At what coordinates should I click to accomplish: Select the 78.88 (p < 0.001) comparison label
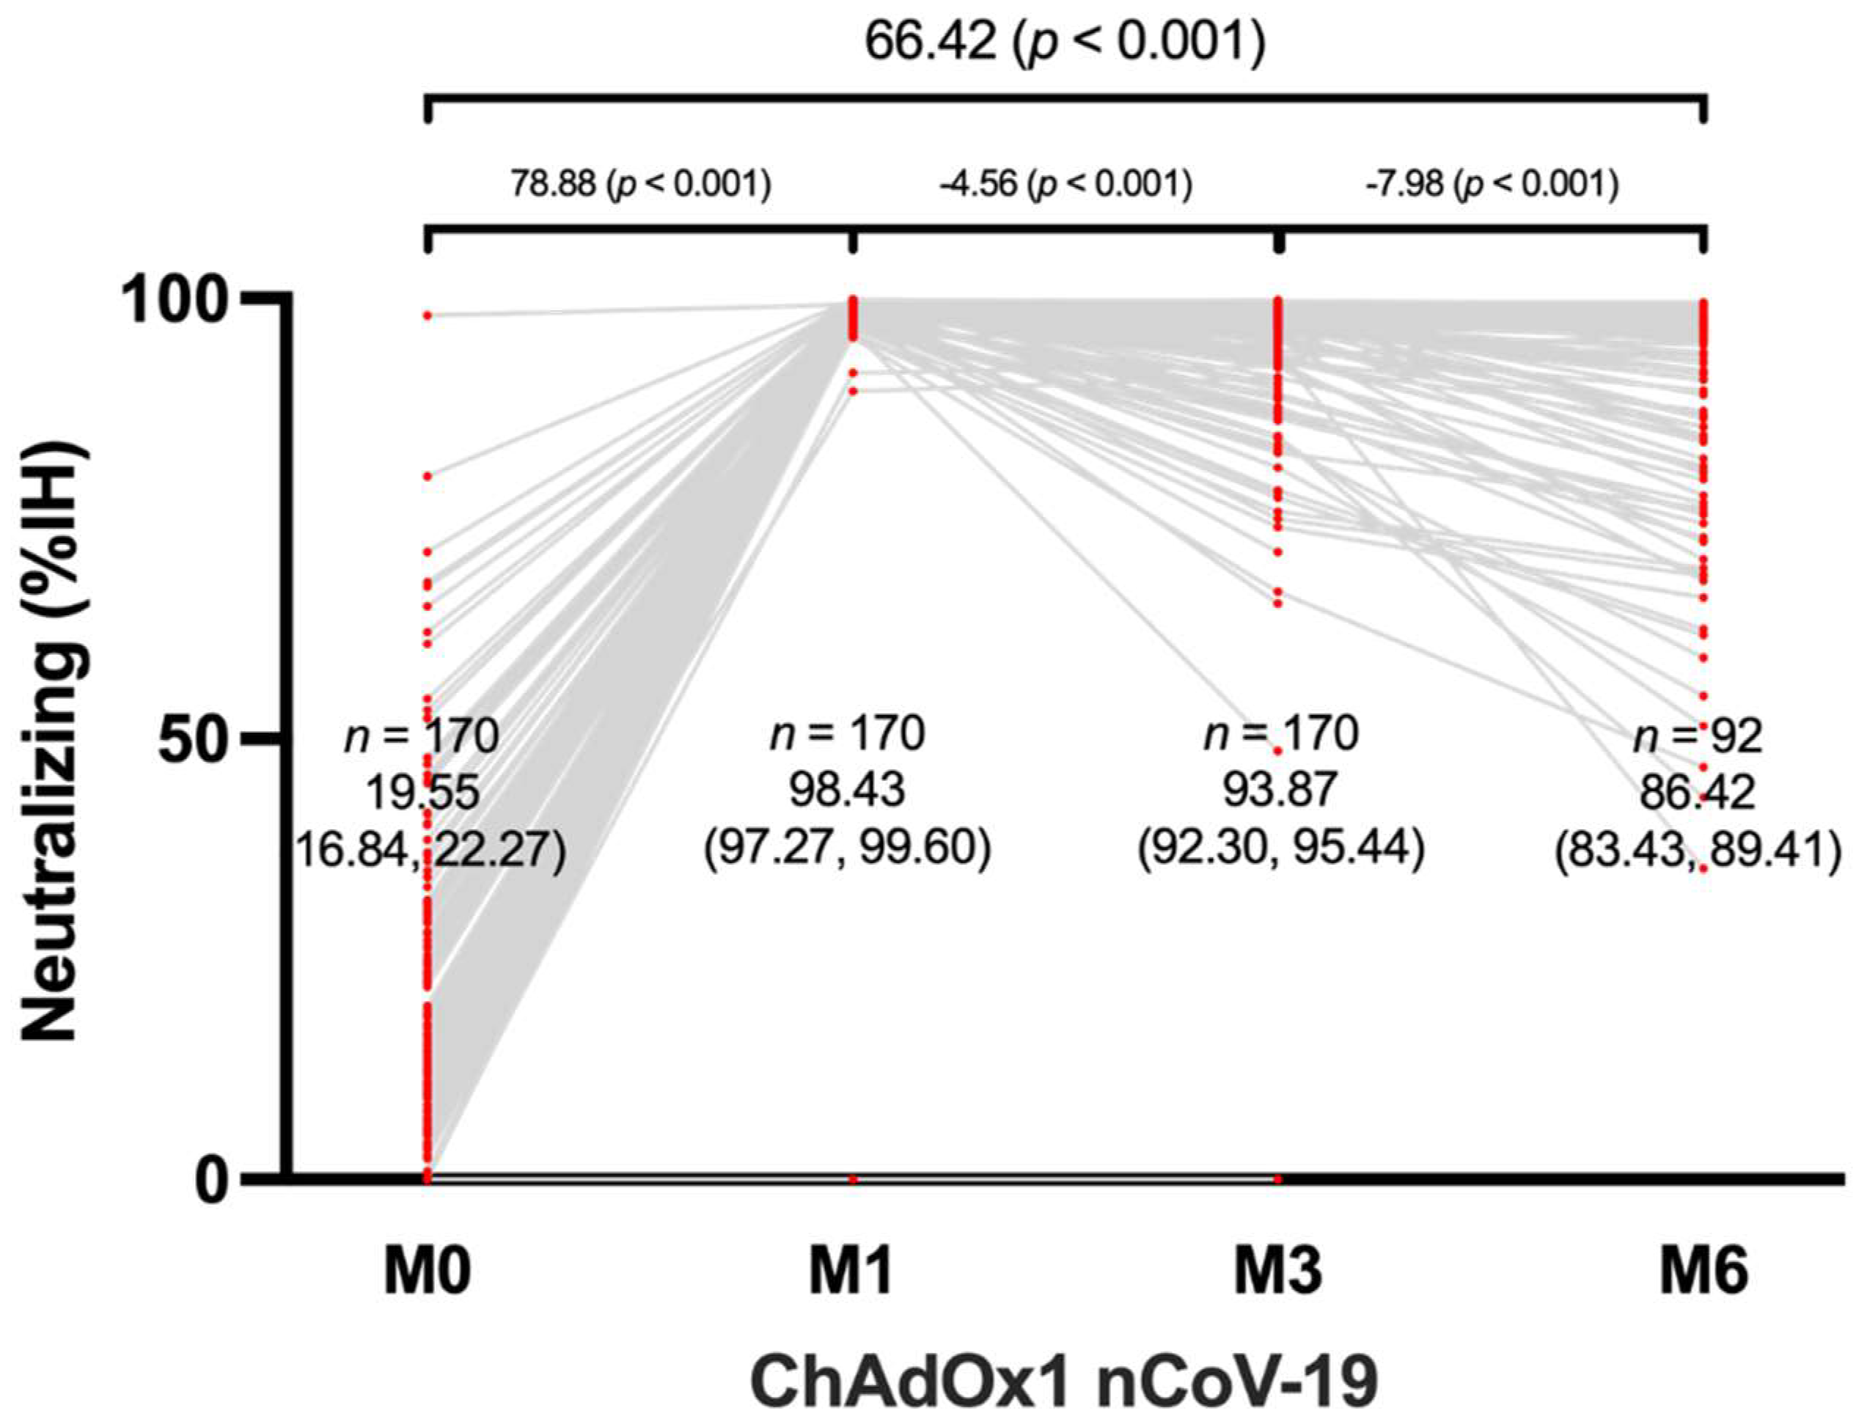click(x=640, y=183)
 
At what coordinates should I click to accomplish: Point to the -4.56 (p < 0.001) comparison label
click(x=1065, y=183)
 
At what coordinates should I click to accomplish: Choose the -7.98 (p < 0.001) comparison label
click(x=1491, y=183)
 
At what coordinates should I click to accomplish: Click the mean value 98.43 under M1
click(x=847, y=790)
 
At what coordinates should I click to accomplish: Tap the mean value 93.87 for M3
click(x=1280, y=790)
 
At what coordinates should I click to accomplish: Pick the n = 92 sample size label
click(x=1697, y=736)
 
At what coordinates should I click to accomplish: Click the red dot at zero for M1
click(x=853, y=1179)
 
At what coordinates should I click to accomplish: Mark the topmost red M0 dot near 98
click(x=428, y=316)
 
